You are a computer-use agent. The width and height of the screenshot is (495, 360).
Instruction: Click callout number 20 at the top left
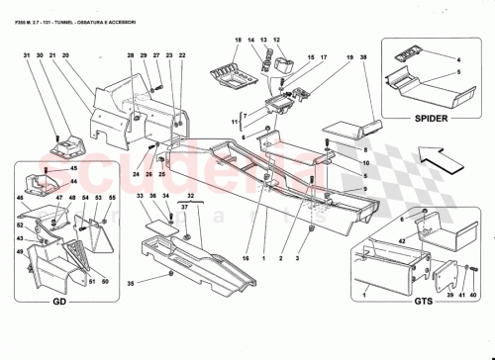tap(64, 55)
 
